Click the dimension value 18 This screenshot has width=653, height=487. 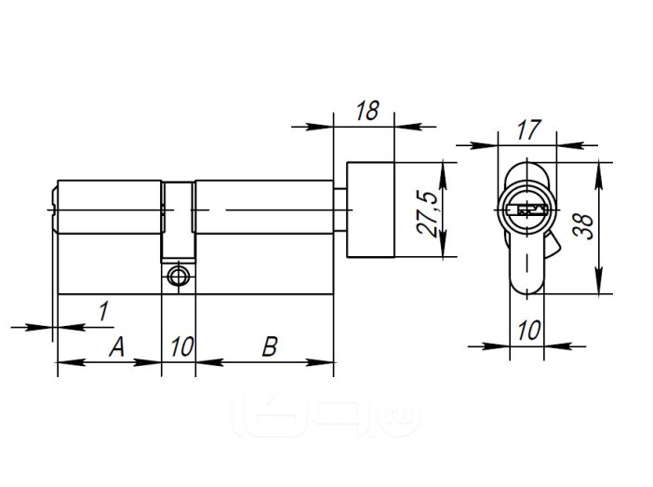367,111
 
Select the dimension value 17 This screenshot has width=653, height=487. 528,129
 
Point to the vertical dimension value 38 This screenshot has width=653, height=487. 583,226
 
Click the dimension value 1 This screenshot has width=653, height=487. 103,312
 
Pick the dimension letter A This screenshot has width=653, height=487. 116,347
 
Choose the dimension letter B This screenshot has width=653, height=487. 270,347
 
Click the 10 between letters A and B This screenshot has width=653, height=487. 182,347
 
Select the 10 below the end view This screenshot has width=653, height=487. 529,331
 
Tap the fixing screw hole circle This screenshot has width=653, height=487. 178,276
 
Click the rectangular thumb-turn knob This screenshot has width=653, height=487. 370,210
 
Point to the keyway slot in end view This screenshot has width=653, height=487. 526,210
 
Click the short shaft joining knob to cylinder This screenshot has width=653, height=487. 340,210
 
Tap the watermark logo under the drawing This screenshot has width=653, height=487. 326,415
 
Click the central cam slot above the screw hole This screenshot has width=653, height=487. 179,220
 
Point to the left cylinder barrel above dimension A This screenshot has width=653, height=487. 110,207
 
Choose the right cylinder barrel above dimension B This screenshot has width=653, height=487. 264,207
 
